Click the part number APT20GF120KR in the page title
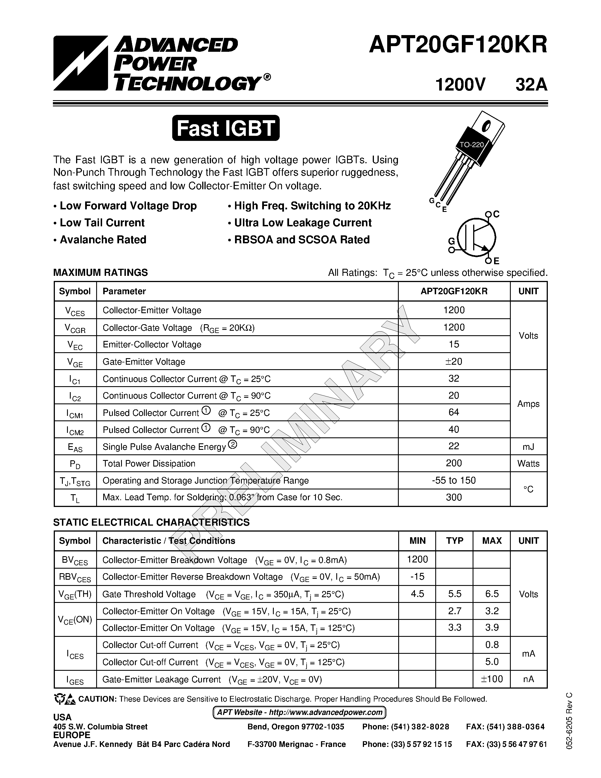458,46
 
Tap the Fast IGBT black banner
226,128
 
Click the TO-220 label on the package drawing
472,145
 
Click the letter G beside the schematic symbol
451,242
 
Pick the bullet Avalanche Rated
103,240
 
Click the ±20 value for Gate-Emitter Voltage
454,362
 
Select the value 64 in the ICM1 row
454,412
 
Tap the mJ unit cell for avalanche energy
528,446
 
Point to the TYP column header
455,541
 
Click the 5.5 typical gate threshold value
455,594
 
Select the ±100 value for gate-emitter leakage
492,679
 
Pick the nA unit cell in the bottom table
528,679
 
